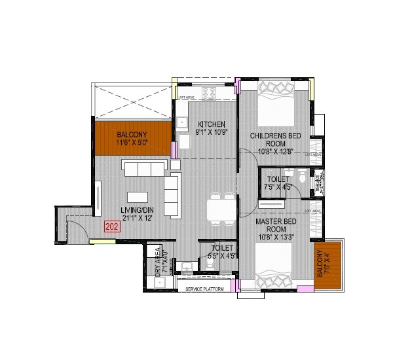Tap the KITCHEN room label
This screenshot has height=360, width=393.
coord(212,124)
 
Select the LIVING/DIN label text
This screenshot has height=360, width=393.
coord(137,210)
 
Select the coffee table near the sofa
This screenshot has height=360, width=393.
coord(137,196)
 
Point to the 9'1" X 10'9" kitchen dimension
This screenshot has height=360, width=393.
coord(211,133)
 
